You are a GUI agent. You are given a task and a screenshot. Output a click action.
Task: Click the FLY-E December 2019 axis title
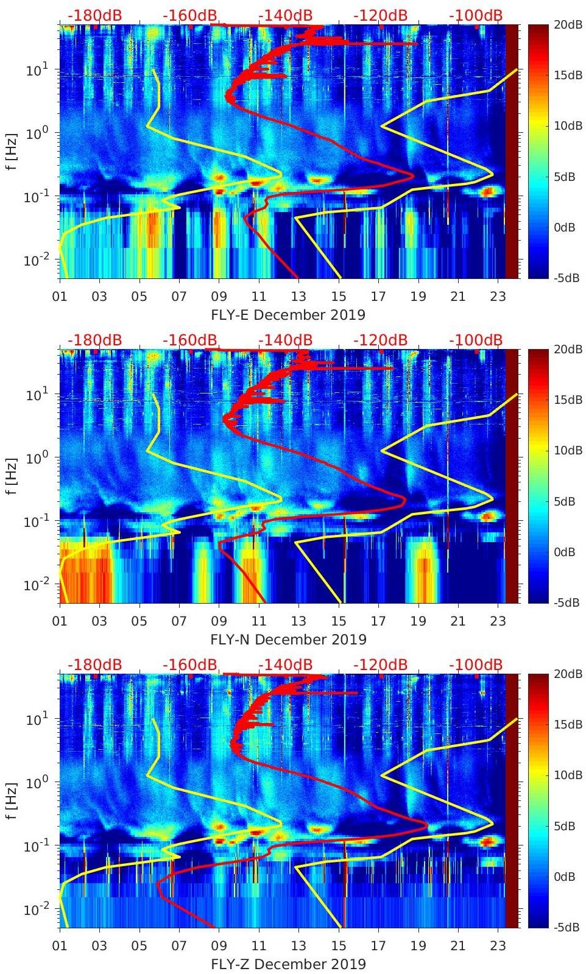[288, 315]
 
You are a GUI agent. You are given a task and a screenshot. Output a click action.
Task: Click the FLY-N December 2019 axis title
[288, 640]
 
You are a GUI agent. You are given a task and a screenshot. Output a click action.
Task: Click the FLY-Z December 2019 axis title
[288, 964]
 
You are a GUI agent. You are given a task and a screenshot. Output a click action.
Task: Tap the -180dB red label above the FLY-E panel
[94, 15]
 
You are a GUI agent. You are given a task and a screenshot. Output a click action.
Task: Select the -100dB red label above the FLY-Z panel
[476, 665]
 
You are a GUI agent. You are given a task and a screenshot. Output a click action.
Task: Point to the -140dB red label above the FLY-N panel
[285, 340]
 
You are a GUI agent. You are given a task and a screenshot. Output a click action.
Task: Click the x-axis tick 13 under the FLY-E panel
[298, 297]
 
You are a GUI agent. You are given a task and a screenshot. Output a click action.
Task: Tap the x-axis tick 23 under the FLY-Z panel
[498, 946]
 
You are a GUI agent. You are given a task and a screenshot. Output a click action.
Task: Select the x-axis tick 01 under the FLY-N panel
[60, 621]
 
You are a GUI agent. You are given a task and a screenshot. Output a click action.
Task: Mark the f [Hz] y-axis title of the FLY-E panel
[14, 151]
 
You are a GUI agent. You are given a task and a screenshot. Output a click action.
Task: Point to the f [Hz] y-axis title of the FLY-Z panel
[14, 800]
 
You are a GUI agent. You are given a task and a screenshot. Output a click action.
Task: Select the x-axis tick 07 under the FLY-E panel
[179, 297]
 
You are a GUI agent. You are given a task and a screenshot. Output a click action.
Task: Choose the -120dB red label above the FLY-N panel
[380, 340]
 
